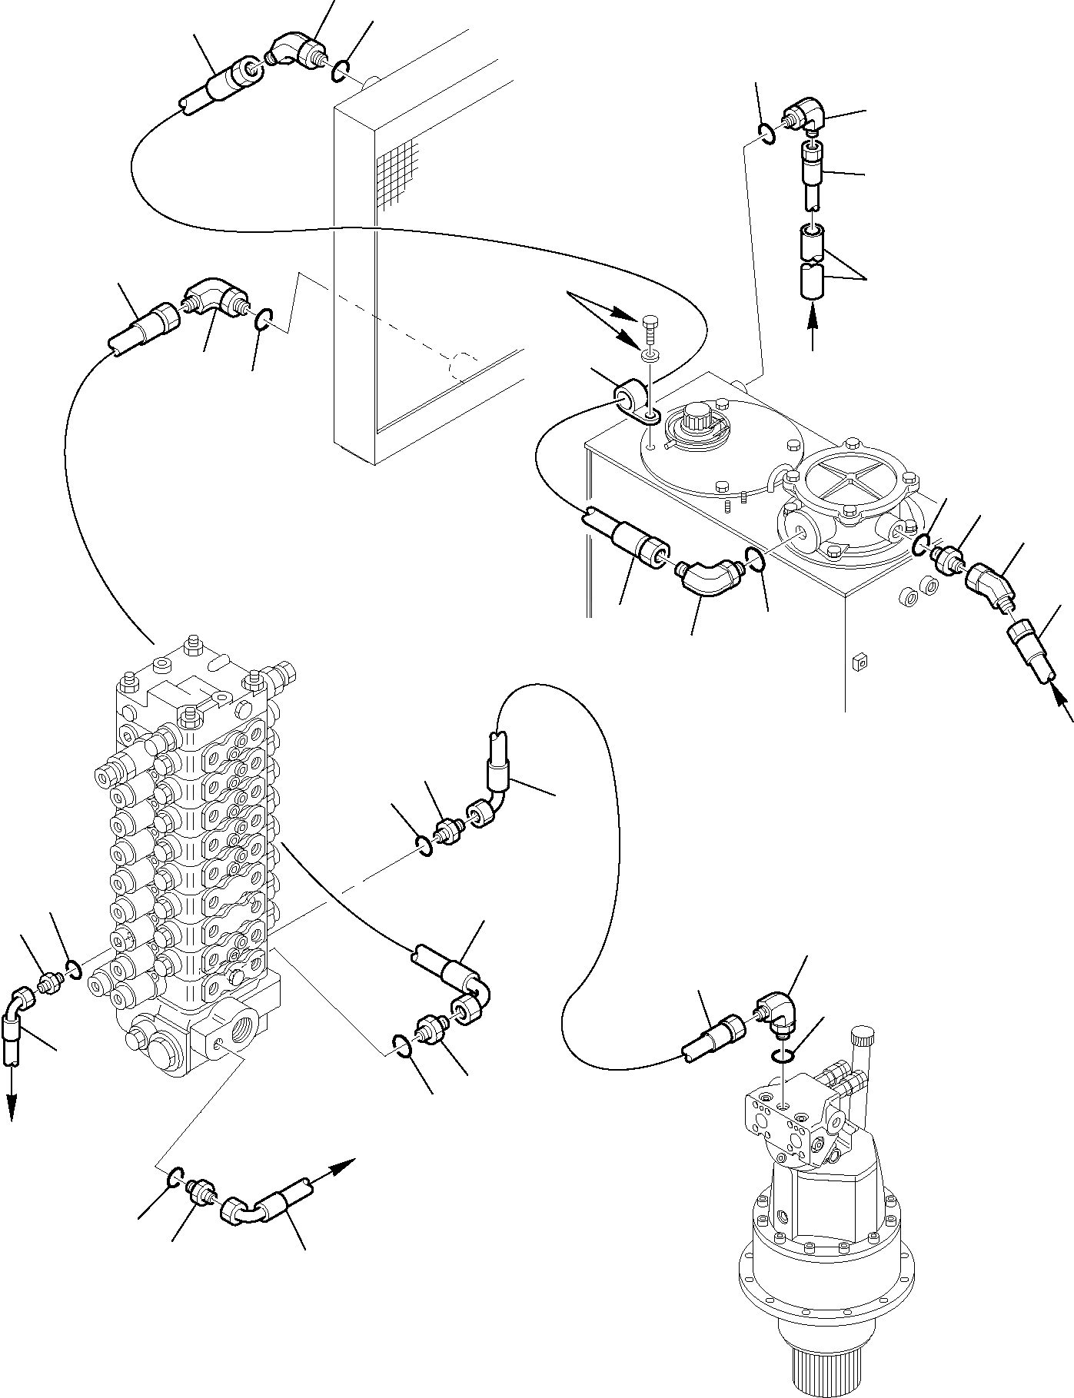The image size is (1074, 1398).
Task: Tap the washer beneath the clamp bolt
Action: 650,354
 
